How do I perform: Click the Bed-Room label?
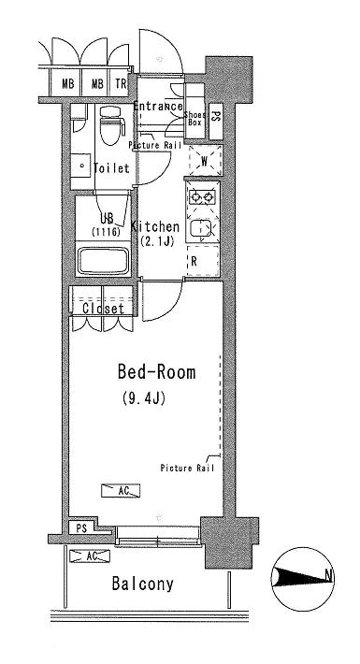coord(156,372)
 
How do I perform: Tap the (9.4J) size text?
coord(143,398)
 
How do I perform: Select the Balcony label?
coord(143,584)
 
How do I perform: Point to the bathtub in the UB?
coord(104,261)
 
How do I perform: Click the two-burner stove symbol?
coord(203,196)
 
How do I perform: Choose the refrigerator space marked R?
coord(203,261)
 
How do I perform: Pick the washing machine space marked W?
coord(205,161)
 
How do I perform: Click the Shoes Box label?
coord(194,119)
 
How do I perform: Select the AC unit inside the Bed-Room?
coord(121,491)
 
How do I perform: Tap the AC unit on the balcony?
coord(90,556)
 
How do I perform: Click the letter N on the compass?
coord(328,575)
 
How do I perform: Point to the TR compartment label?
coord(121,84)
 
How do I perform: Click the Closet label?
coord(104,309)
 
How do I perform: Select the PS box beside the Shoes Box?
coord(216,123)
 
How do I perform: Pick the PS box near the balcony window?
coord(81,528)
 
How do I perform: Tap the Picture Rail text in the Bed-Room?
coord(187,468)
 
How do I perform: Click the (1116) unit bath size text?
coord(106,232)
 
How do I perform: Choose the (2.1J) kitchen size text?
coord(157,242)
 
